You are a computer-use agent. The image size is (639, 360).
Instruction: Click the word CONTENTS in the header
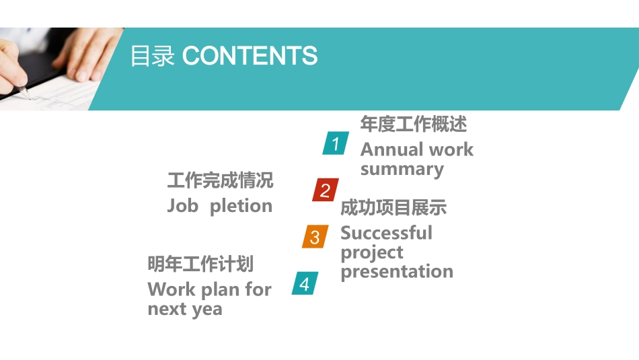click(250, 56)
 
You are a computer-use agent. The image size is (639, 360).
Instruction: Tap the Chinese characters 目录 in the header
click(152, 56)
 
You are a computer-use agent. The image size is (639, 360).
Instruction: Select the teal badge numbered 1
click(336, 143)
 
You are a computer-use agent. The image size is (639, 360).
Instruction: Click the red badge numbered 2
click(325, 190)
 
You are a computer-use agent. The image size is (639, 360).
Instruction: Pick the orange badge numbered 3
click(315, 237)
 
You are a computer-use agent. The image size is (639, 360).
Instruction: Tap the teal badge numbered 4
click(305, 284)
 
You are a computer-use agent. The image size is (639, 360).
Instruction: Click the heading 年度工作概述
click(413, 124)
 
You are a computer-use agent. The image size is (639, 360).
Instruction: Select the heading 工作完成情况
click(220, 180)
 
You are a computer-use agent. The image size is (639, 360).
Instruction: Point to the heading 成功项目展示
click(393, 207)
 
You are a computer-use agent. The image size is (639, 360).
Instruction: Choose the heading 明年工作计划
click(200, 264)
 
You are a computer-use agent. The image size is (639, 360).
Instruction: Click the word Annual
click(385, 149)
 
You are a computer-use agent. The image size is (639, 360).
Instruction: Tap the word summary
click(402, 169)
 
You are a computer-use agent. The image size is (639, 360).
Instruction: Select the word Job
click(182, 206)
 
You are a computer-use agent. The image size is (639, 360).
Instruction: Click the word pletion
click(241, 206)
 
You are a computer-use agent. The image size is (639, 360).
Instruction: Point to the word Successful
click(386, 233)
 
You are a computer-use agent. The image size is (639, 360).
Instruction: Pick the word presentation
click(397, 272)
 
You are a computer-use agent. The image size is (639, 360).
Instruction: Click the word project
click(372, 253)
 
